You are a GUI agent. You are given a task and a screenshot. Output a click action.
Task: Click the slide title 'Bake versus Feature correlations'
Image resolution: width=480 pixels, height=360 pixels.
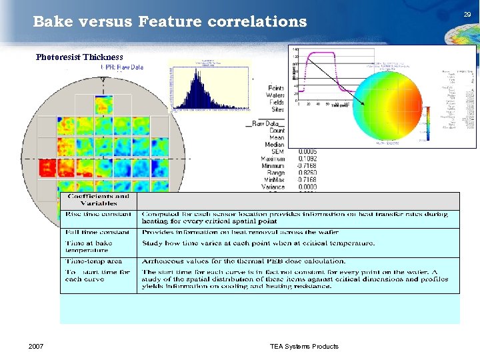(169, 22)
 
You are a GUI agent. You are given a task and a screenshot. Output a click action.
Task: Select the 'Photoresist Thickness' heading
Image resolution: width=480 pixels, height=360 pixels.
(79, 57)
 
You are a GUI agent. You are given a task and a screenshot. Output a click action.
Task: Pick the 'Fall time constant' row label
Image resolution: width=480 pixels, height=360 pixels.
(97, 232)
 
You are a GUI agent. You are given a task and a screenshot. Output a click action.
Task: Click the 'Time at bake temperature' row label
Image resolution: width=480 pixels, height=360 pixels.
(90, 247)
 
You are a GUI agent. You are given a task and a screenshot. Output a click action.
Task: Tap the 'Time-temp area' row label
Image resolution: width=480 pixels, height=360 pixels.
(93, 261)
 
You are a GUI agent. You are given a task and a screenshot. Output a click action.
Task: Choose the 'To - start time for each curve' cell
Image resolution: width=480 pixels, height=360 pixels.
(90, 275)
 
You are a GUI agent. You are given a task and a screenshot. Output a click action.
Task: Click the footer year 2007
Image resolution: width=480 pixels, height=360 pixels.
(37, 346)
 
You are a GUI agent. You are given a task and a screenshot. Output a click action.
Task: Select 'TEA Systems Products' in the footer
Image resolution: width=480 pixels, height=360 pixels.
(304, 346)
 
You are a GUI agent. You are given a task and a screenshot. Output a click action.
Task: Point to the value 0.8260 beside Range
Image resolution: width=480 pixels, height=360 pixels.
(308, 173)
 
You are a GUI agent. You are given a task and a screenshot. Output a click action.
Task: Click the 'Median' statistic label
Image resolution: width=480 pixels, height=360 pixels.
(274, 145)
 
